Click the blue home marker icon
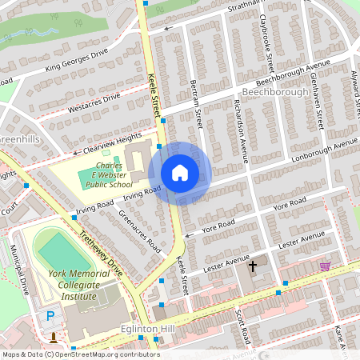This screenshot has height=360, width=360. (180, 173)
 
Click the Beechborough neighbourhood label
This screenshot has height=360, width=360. (274, 92)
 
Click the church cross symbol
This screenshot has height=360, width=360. (254, 265)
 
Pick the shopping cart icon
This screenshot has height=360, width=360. (325, 266)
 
